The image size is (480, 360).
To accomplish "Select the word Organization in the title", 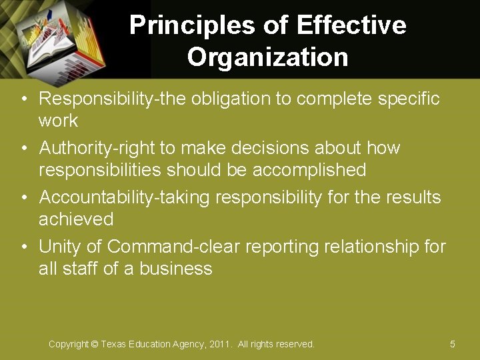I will pyautogui.click(x=268, y=57).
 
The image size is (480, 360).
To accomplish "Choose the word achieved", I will pyautogui.click(x=76, y=219).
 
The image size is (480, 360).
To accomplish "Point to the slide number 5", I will pyautogui.click(x=453, y=344).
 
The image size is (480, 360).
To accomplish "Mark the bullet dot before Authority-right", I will pyautogui.click(x=23, y=148).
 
